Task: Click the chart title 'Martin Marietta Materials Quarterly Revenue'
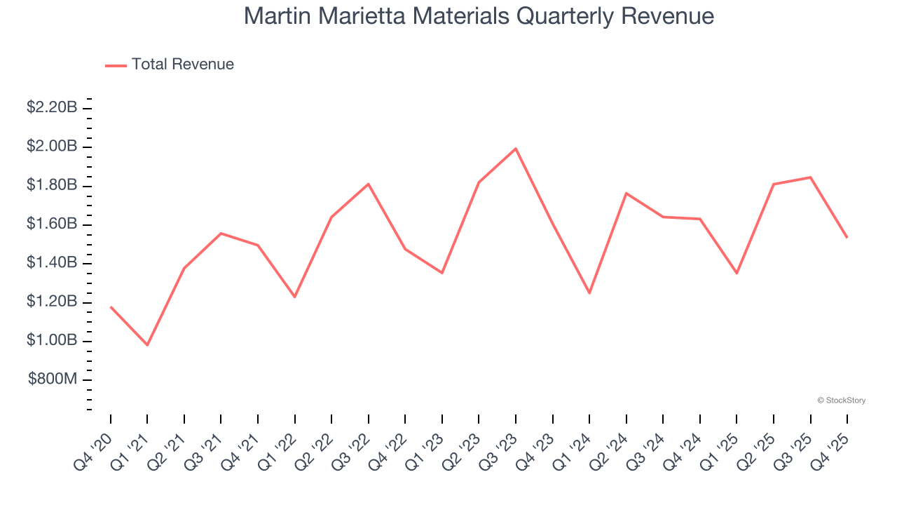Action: (x=479, y=16)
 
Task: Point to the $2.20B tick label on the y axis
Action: (x=51, y=107)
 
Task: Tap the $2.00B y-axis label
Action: (x=51, y=147)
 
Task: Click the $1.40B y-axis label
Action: (x=51, y=263)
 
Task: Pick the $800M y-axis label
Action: (x=53, y=379)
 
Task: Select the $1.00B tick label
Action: (x=51, y=340)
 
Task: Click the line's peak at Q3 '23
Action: (x=516, y=149)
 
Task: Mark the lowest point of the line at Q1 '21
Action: (x=147, y=345)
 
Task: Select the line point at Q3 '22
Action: (x=369, y=184)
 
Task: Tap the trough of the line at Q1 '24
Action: (x=589, y=293)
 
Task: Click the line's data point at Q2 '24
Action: (x=626, y=193)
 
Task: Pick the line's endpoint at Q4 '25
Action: (x=847, y=237)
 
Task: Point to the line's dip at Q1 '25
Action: (x=737, y=273)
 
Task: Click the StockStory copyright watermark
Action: (x=841, y=400)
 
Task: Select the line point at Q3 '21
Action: (x=221, y=233)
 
